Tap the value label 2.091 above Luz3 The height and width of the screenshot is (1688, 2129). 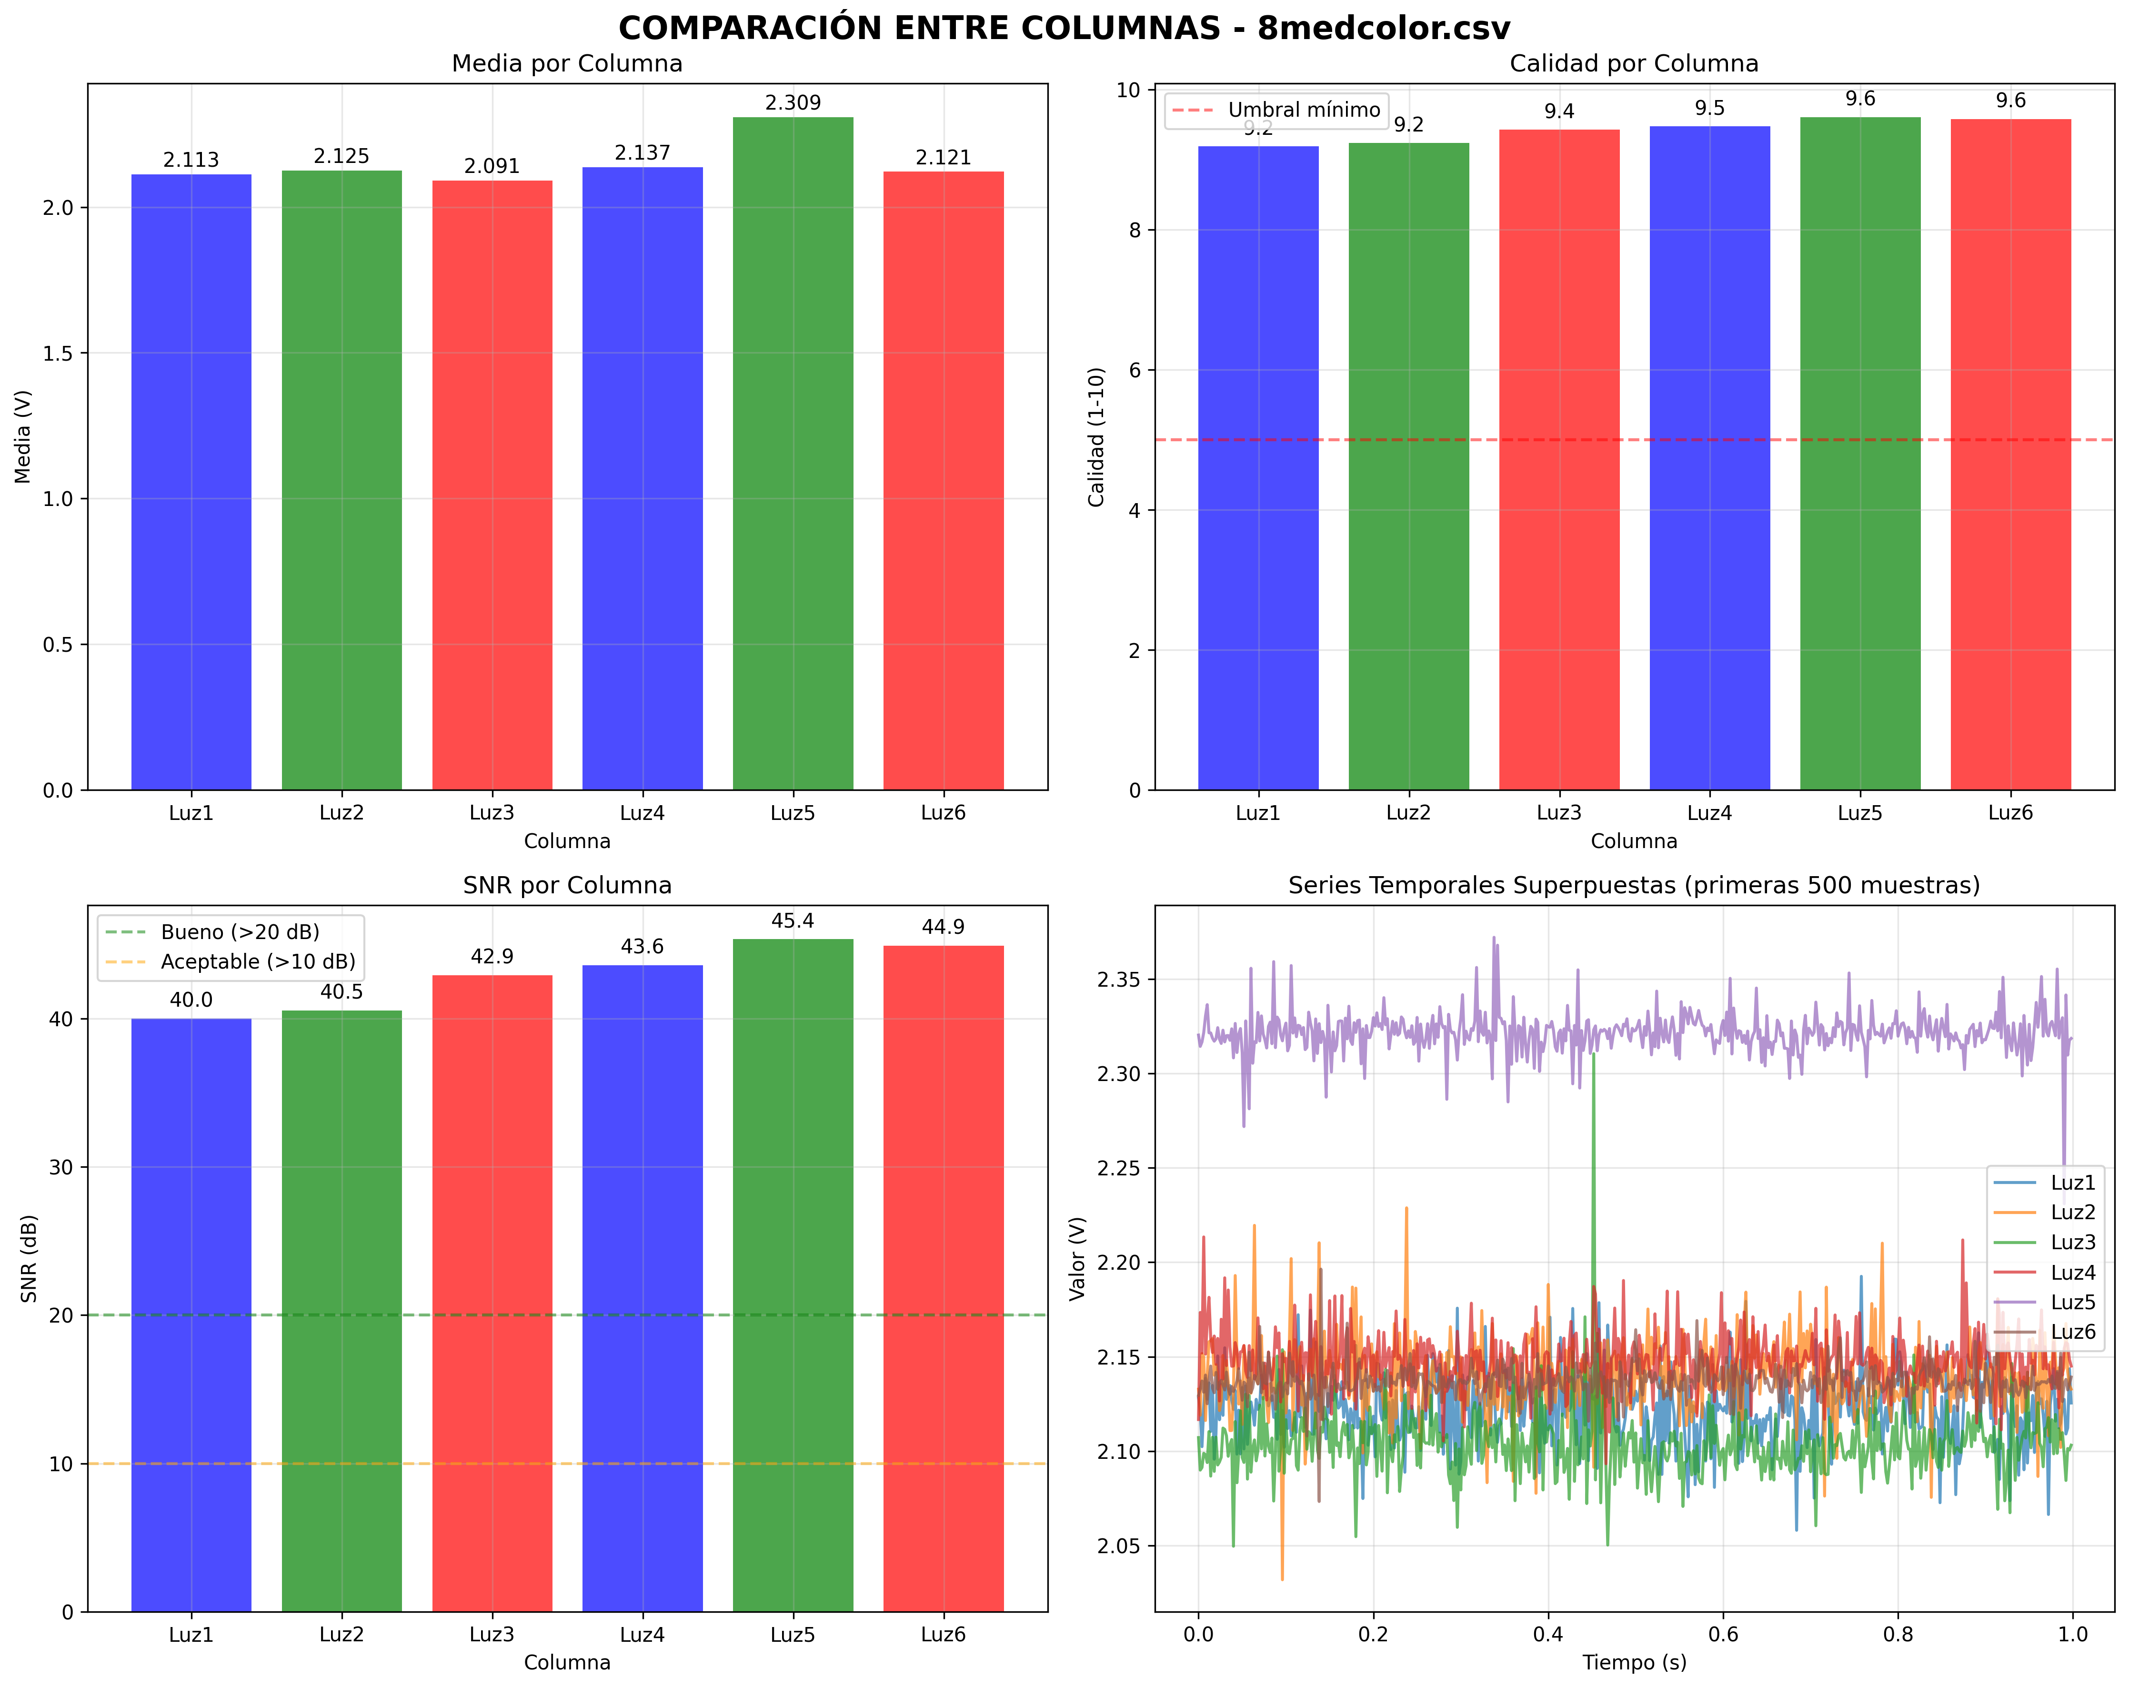pyautogui.click(x=492, y=166)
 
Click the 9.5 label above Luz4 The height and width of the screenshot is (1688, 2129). pyautogui.click(x=1709, y=109)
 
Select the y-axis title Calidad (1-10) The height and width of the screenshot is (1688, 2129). pyautogui.click(x=1096, y=436)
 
